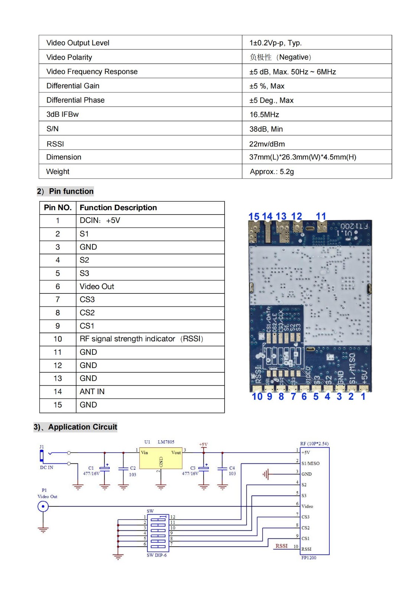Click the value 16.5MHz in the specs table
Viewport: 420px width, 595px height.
(264, 115)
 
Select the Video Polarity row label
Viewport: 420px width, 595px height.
(69, 57)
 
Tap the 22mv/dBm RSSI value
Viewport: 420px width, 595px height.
(267, 144)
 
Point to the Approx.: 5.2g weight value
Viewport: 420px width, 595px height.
(272, 172)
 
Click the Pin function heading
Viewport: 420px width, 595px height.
(71, 191)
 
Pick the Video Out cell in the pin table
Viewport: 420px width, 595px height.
(97, 286)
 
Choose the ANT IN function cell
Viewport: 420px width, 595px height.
(92, 392)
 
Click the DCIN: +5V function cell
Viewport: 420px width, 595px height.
(100, 221)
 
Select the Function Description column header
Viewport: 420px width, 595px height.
(118, 208)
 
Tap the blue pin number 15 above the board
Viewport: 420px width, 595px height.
(254, 216)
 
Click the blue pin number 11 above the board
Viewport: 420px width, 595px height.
(321, 216)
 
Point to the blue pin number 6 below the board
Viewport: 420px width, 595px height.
(304, 397)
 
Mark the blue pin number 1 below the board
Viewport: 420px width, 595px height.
(363, 397)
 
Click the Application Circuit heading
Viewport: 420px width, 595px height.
(82, 427)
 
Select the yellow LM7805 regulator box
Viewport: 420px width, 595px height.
(161, 458)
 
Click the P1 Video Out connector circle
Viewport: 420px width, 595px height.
(43, 506)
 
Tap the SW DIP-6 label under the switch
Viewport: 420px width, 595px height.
(156, 555)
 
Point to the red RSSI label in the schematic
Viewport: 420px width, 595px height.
(281, 546)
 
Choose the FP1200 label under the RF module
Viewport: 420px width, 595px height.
(309, 558)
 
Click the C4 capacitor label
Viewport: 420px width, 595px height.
(232, 468)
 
